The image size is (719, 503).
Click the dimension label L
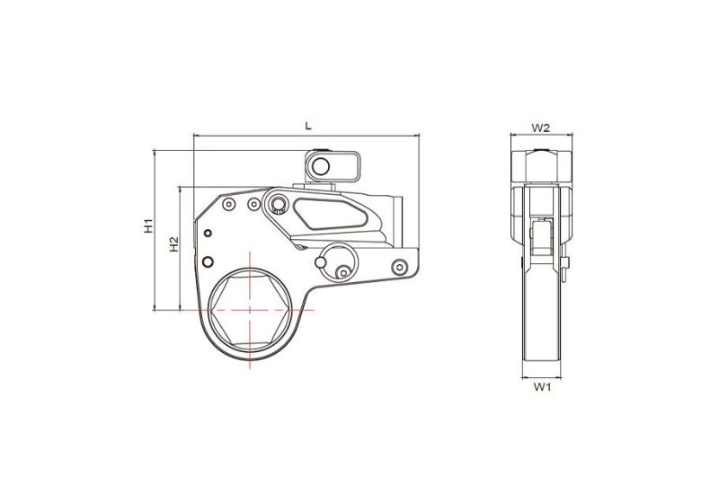pos(308,127)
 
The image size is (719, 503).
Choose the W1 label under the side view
pos(540,388)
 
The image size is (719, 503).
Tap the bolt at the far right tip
pos(399,266)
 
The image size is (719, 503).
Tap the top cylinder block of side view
pos(540,168)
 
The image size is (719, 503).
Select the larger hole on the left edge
pos(209,262)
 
